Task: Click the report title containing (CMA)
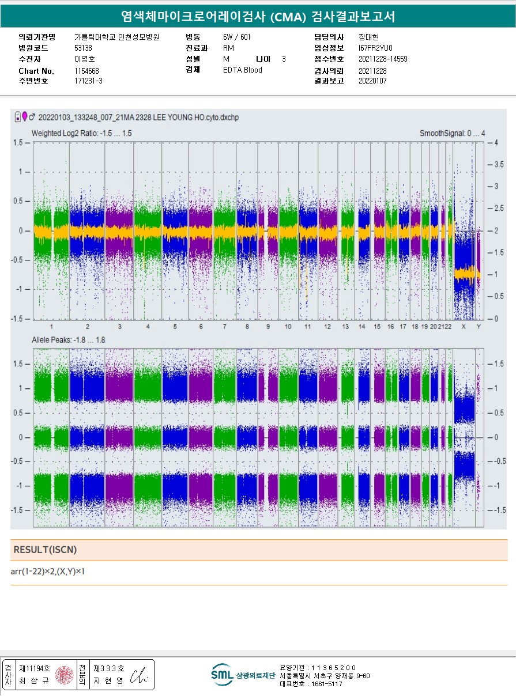coord(258,17)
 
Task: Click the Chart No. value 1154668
coord(86,71)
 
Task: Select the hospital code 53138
coord(83,48)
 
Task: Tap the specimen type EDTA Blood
coord(242,70)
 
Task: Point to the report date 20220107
coord(372,81)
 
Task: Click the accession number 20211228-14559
coord(383,59)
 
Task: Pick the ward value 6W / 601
coord(237,37)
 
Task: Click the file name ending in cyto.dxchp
coord(138,117)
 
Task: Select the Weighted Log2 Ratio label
coord(81,133)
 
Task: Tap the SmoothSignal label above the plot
coord(452,133)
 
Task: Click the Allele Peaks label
coord(68,340)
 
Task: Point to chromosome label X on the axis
coord(464,327)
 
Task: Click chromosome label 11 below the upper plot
coord(308,327)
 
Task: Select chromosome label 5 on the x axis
coord(175,327)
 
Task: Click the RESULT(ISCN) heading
coord(45,550)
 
